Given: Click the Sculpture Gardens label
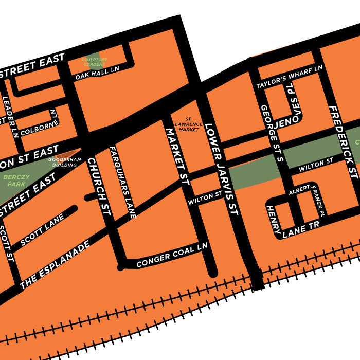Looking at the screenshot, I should (95, 62).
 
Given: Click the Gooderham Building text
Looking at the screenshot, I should (65, 162).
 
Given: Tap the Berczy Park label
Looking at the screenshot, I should (16, 180).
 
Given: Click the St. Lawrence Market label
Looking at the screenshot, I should (187, 124).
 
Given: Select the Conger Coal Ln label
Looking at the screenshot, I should (171, 255).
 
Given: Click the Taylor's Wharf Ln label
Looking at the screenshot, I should (290, 76).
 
